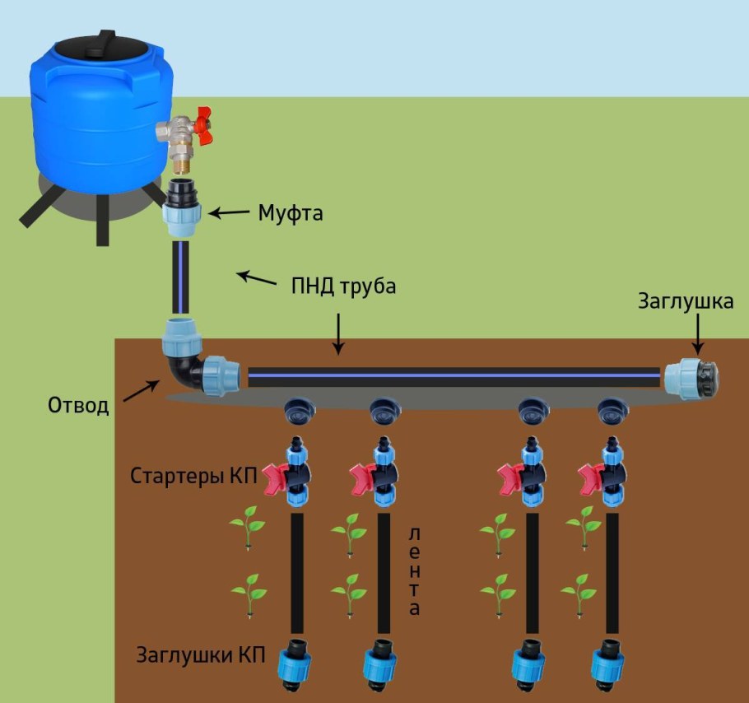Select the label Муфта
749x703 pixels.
[290, 214]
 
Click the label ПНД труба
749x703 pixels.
[344, 287]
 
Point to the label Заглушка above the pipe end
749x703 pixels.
[686, 301]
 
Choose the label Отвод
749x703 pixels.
[78, 406]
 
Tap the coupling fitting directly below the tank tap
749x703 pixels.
[179, 207]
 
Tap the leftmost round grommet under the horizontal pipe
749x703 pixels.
[296, 410]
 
